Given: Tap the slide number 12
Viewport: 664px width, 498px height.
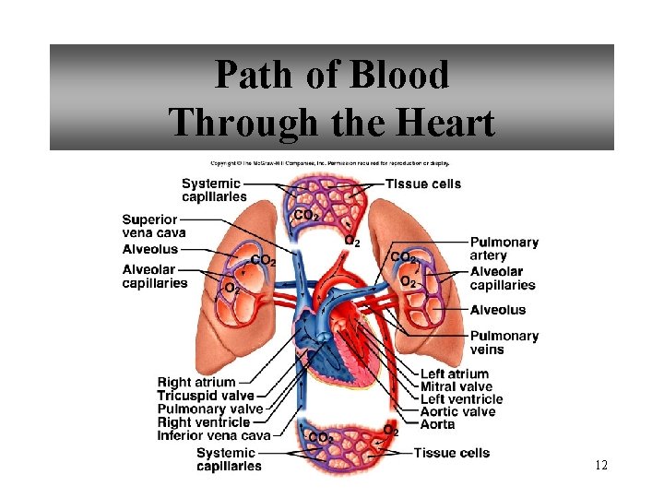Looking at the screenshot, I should point(601,466).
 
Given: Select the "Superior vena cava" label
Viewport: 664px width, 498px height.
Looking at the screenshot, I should point(154,226).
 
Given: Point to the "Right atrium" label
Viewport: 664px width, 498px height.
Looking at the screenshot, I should point(196,383).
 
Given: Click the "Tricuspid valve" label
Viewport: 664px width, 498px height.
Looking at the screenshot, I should point(205,396).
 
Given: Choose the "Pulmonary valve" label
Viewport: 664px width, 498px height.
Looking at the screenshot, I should point(210,409).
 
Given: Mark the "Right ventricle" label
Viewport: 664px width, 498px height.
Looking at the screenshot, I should point(203,422).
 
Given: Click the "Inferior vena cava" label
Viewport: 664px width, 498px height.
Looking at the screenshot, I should point(214,435).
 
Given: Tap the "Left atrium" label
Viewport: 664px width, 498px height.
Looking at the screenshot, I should point(455,374).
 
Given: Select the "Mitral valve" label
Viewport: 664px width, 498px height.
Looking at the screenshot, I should point(456,386).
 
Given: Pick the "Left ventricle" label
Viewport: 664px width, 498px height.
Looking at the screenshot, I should point(462,399).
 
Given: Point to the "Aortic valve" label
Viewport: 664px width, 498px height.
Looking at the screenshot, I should point(458,411).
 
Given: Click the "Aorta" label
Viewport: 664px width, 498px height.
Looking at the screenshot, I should point(438,424).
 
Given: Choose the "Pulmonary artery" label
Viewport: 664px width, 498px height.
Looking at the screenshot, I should point(504,249).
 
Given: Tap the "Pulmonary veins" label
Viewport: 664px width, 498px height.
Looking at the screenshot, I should point(504,342).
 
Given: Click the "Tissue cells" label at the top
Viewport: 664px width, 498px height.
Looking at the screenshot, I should point(423,184).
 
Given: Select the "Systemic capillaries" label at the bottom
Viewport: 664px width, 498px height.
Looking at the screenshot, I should point(228,459).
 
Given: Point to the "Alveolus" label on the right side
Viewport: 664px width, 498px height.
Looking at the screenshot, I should point(498,310).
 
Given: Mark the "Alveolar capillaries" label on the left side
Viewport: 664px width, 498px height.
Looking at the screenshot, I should point(155,276).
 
